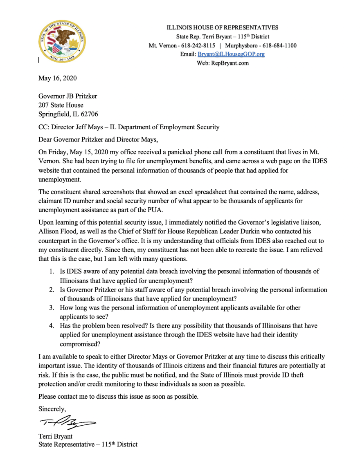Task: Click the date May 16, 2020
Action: click(57, 78)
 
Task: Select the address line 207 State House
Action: click(61, 105)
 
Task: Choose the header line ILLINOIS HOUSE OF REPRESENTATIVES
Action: click(223, 27)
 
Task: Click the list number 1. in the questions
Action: click(52, 272)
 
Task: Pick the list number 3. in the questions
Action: click(52, 307)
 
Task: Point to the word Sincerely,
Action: click(52, 408)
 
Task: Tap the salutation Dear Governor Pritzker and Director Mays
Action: click(98, 139)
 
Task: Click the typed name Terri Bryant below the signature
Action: click(55, 436)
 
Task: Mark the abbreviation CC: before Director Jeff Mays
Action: click(44, 127)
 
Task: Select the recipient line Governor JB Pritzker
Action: click(67, 96)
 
